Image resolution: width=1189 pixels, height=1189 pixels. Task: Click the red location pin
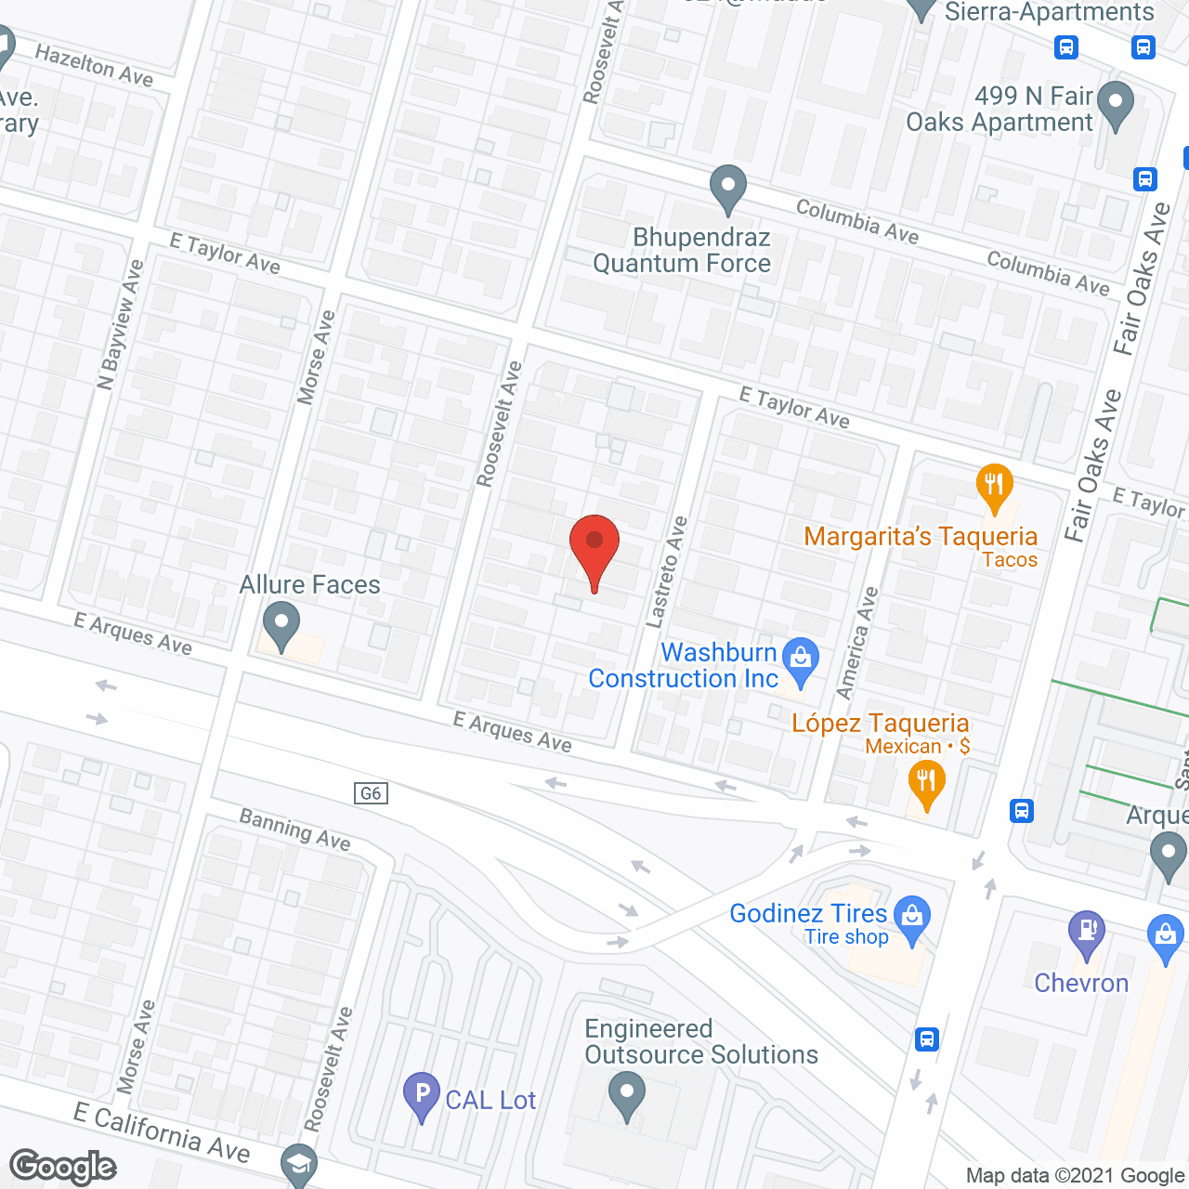[x=594, y=548]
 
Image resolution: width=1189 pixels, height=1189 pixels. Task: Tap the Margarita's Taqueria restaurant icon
[x=994, y=486]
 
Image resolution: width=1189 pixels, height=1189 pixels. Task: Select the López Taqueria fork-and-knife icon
[x=926, y=782]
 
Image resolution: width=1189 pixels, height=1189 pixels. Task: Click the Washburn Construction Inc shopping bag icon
[x=800, y=659]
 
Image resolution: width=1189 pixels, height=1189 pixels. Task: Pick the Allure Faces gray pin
[x=281, y=624]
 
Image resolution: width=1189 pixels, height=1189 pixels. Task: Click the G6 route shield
[x=371, y=793]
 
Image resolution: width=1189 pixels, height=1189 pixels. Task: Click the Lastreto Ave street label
[x=667, y=572]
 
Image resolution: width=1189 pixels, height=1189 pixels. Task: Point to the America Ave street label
[x=857, y=642]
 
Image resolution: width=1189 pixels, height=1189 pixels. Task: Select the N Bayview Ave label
[x=121, y=324]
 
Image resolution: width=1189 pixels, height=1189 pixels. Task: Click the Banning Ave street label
[x=294, y=829]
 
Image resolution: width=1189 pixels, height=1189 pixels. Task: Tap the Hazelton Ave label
[x=94, y=65]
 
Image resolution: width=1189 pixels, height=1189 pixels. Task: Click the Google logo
[x=63, y=1167]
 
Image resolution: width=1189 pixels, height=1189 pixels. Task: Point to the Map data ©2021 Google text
[x=1076, y=1176]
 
